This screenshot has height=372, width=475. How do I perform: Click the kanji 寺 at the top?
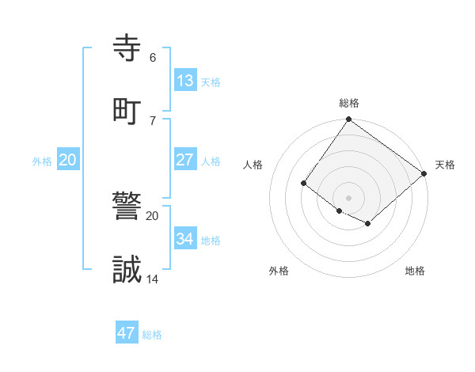coord(128,47)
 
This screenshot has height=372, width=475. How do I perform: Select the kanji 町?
coord(128,110)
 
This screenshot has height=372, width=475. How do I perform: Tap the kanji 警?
coord(128,206)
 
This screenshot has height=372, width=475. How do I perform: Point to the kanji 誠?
coord(128,270)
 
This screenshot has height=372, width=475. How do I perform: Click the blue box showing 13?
coord(185,80)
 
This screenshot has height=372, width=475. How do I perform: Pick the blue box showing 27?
coord(185,160)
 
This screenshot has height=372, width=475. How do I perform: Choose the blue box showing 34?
coord(185,239)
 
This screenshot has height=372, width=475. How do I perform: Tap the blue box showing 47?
coord(127,333)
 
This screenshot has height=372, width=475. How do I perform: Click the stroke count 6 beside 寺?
coord(152,58)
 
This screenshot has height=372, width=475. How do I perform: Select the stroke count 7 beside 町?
coord(152,120)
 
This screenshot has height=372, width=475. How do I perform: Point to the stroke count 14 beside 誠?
coord(153,279)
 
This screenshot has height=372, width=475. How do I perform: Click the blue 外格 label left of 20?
coord(42,161)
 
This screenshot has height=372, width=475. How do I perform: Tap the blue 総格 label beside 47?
coord(152,335)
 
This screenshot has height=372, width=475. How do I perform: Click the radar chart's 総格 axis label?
coord(349,103)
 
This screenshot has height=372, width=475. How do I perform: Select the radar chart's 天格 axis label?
coord(445,165)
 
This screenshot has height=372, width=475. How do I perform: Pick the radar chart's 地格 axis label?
coord(415,271)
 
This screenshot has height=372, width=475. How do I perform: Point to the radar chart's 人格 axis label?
coord(253,165)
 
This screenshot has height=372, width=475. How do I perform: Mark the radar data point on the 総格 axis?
coord(349,120)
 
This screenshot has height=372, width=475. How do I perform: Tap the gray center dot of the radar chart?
coord(349,197)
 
